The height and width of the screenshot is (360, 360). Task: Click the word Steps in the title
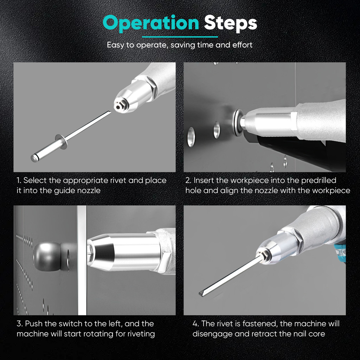tap(230, 23)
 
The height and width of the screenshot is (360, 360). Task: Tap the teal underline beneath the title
tap(180, 37)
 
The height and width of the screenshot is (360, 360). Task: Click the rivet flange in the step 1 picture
tap(61, 141)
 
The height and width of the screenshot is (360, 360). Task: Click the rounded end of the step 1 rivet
tap(34, 158)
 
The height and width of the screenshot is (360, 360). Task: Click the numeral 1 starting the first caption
tap(19, 180)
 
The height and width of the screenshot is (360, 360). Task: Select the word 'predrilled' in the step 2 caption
tap(319, 180)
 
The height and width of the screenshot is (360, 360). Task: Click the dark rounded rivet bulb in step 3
tap(47, 256)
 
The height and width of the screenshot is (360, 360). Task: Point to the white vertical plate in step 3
tap(82, 260)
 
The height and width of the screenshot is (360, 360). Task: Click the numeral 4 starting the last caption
tap(195, 324)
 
